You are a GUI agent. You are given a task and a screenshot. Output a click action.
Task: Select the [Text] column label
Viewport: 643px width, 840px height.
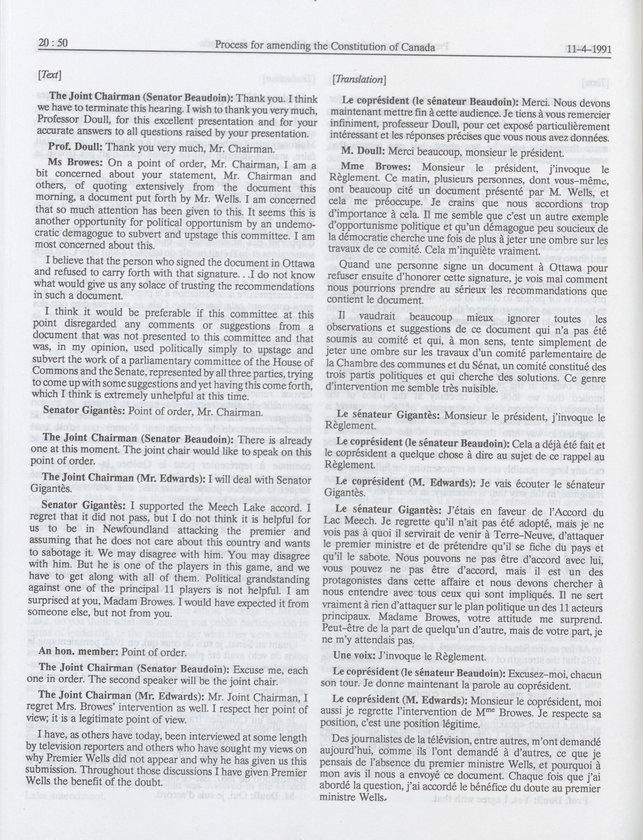coord(50,75)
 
